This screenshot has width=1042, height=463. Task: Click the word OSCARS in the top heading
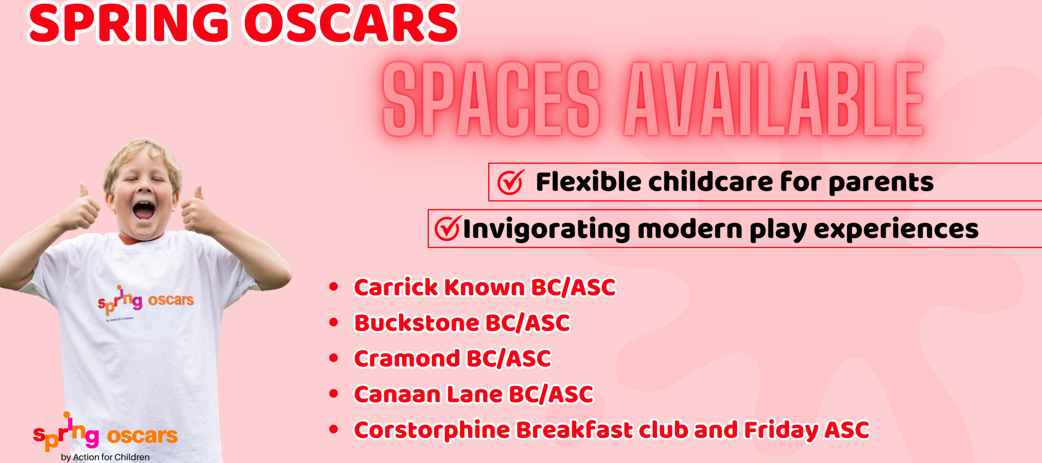[x=351, y=23]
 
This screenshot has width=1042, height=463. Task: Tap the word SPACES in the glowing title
[x=491, y=99]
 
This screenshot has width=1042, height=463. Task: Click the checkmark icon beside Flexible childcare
[x=510, y=182]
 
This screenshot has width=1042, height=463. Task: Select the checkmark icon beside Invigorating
[x=448, y=228]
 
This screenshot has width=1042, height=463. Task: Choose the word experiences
[x=896, y=230]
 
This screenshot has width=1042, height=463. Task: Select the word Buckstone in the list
[x=417, y=323]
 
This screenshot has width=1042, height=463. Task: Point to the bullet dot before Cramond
[x=334, y=358]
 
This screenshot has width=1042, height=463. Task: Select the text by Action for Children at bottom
[x=105, y=457]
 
